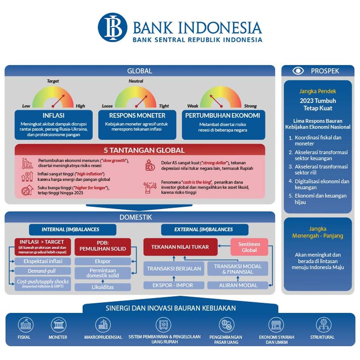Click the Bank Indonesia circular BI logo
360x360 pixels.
(x=112, y=27)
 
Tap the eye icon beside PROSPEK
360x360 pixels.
(x=298, y=71)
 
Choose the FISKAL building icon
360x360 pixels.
(x=25, y=325)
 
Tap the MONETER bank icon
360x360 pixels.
(x=58, y=325)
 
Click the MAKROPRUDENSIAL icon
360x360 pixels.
(x=103, y=325)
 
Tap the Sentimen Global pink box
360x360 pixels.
(x=249, y=247)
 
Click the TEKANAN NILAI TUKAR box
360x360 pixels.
(x=180, y=247)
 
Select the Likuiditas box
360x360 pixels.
(x=103, y=287)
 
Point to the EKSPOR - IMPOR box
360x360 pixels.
(x=173, y=285)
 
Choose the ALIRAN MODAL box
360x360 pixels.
(x=238, y=285)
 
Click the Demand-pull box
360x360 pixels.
(x=42, y=271)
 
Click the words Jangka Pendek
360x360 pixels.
(x=317, y=91)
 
